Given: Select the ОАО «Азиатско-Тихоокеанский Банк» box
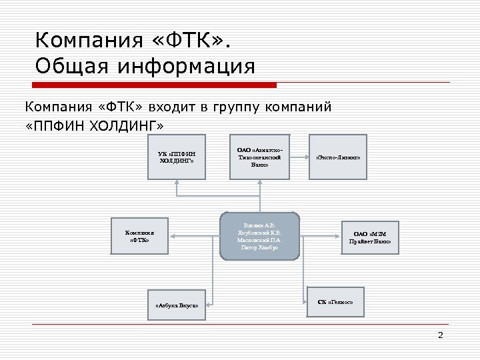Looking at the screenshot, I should click(260, 159).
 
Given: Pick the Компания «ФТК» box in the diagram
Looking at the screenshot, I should click(139, 236).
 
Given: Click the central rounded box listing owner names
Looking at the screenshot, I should click(260, 236).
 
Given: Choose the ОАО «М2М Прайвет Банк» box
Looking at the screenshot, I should click(371, 237).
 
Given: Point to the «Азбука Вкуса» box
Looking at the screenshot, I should click(177, 305).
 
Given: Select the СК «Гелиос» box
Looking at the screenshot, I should click(337, 301).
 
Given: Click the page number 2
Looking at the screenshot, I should click(440, 335).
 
